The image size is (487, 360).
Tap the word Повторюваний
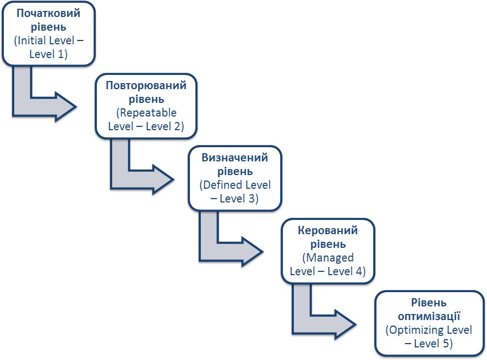pyautogui.click(x=146, y=85)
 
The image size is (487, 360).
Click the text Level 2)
pyautogui.click(x=163, y=126)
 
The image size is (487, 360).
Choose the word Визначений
pyautogui.click(x=235, y=158)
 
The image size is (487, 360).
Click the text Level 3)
pyautogui.click(x=238, y=199)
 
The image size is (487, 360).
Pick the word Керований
pyautogui.click(x=328, y=230)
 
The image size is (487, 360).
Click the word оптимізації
pyautogui.click(x=429, y=316)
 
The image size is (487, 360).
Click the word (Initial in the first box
pyautogui.click(x=31, y=40)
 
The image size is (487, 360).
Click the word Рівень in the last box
pyautogui.click(x=430, y=303)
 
